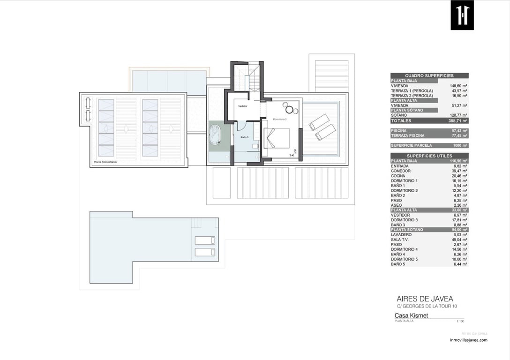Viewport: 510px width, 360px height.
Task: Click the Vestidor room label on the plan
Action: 242,106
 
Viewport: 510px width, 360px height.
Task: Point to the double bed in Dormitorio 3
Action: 276,138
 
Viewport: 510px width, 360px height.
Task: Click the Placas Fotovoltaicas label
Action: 105,162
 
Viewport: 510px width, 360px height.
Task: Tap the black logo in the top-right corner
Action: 462,15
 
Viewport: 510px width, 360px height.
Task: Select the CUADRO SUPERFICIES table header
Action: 429,75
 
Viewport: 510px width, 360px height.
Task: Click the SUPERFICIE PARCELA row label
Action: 411,145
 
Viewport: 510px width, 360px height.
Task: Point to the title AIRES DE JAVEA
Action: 425,299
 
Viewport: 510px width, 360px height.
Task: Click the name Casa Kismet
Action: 411,315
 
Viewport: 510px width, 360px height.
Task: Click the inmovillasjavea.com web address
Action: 468,340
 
